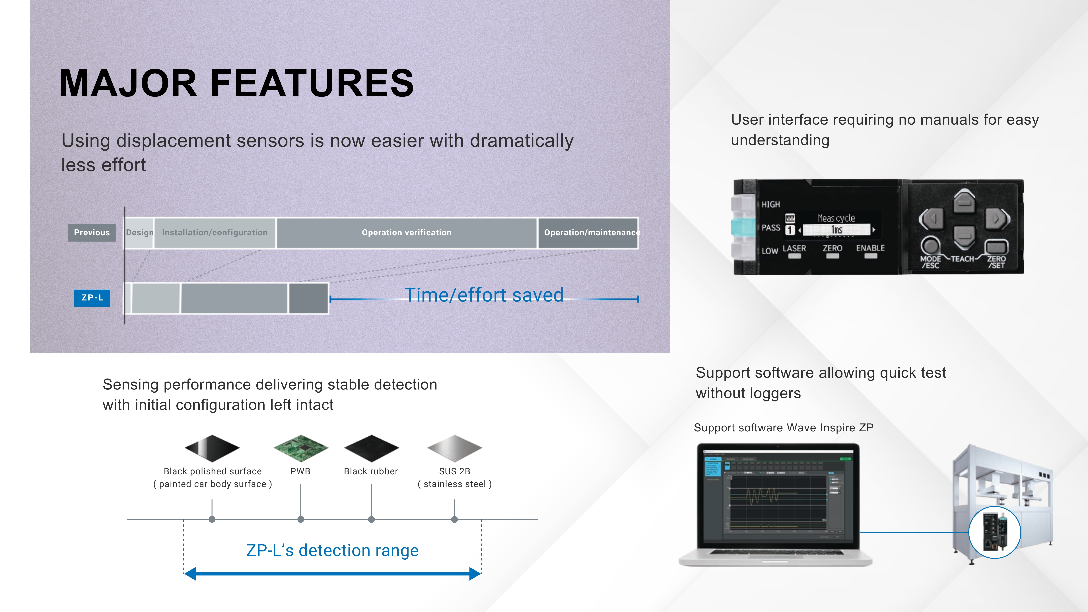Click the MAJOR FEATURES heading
pyautogui.click(x=236, y=83)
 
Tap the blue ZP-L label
pyautogui.click(x=92, y=298)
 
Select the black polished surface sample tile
pyautogui.click(x=212, y=448)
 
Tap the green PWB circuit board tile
pyautogui.click(x=301, y=448)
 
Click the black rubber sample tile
pyautogui.click(x=371, y=448)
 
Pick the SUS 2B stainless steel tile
pyautogui.click(x=454, y=448)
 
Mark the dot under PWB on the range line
pyautogui.click(x=301, y=519)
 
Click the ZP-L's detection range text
pyautogui.click(x=332, y=550)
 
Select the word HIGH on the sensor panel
pyautogui.click(x=771, y=204)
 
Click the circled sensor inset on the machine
pyautogui.click(x=995, y=532)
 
